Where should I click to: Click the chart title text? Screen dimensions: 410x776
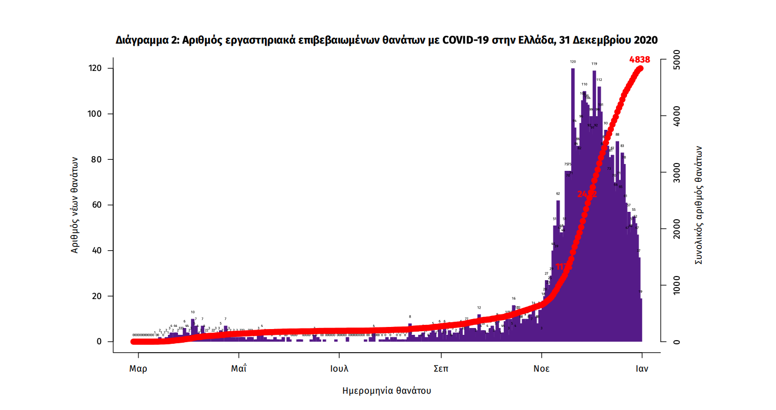point(387,40)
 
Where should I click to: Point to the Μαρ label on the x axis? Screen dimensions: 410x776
point(138,368)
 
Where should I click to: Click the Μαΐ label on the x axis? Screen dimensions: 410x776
point(239,368)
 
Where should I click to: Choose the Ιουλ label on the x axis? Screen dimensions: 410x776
point(340,368)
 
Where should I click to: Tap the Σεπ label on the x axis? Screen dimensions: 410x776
point(441,368)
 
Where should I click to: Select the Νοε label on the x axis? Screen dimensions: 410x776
point(541,368)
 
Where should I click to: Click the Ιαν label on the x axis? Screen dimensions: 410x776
point(641,368)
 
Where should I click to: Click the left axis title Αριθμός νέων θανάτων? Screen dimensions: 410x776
point(75,205)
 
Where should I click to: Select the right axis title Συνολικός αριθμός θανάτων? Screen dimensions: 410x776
point(699,205)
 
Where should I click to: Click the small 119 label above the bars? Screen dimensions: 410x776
point(594,64)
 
